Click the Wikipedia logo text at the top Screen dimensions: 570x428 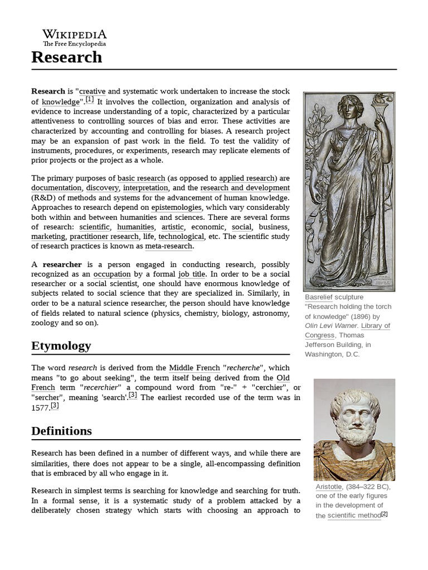click(75, 35)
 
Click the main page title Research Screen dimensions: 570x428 click(67, 57)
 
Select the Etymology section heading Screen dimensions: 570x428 click(61, 346)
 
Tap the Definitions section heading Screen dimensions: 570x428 click(62, 431)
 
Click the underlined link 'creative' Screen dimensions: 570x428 click(93, 91)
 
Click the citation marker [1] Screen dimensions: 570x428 click(90, 101)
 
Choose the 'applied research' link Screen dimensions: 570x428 click(247, 178)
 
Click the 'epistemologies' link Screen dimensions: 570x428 click(176, 208)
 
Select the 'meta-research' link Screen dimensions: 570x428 click(169, 246)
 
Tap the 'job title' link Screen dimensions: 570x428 click(192, 274)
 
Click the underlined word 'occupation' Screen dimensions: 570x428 click(112, 274)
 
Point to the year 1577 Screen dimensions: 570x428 click(40, 408)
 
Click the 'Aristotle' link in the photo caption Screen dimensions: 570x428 click(329, 487)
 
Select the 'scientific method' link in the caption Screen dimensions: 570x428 click(354, 515)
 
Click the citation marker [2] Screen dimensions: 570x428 click(384, 514)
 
